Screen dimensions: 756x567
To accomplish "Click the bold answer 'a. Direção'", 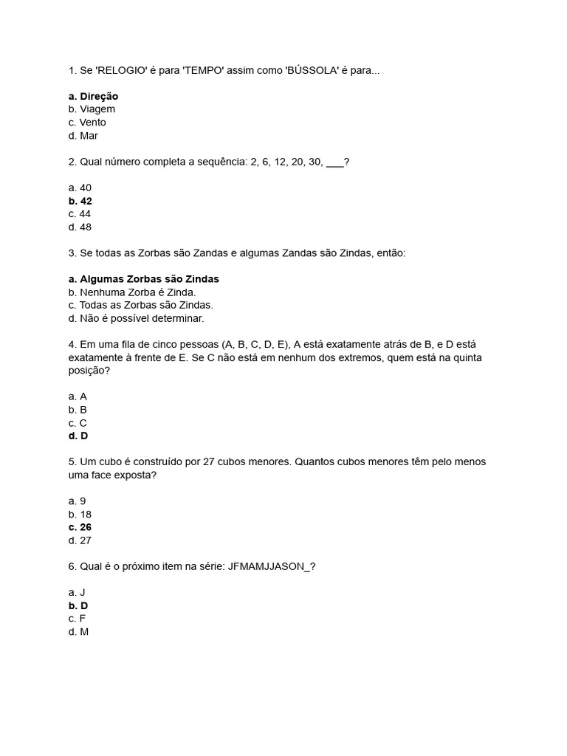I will pos(93,96).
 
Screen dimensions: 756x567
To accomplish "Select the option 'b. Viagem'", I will pos(92,109).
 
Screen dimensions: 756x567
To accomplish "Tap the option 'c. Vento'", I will pos(87,123).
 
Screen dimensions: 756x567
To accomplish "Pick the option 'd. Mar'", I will pos(83,136).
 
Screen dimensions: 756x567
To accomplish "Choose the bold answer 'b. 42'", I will pos(80,201).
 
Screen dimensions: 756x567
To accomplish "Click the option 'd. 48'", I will pos(80,227).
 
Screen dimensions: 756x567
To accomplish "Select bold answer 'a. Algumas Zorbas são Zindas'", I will pos(143,279).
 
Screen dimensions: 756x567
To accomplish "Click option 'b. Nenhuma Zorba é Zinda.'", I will pos(132,292).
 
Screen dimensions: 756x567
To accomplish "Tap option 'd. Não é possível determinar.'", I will pos(136,319).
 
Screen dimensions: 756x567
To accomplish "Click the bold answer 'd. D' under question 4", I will pos(78,436).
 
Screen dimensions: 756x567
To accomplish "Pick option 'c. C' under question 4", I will pos(78,423).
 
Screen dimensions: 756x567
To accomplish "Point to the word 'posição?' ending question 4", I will pos(89,371).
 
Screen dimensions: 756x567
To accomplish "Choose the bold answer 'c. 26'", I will pos(80,527).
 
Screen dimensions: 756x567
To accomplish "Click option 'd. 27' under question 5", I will pos(80,540).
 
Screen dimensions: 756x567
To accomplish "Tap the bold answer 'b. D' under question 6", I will pos(78,605).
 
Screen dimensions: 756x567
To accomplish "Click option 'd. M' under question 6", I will pos(78,632).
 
